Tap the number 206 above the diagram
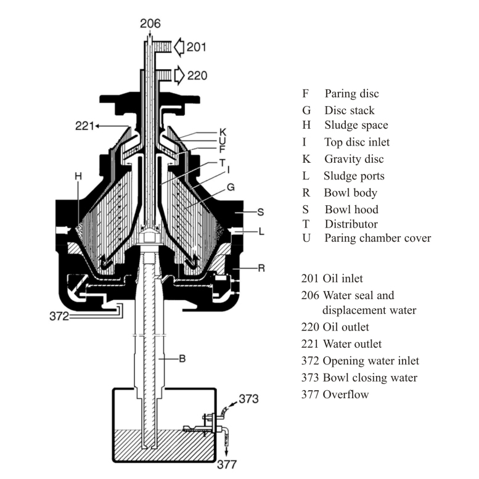pyautogui.click(x=150, y=24)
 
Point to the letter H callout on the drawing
pyautogui.click(x=78, y=176)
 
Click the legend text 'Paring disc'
pyautogui.click(x=351, y=94)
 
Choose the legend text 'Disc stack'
pyautogui.click(x=349, y=110)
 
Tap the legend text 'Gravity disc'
pyautogui.click(x=354, y=159)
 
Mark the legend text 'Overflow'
pyautogui.click(x=346, y=394)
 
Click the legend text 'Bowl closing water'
pyautogui.click(x=370, y=377)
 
